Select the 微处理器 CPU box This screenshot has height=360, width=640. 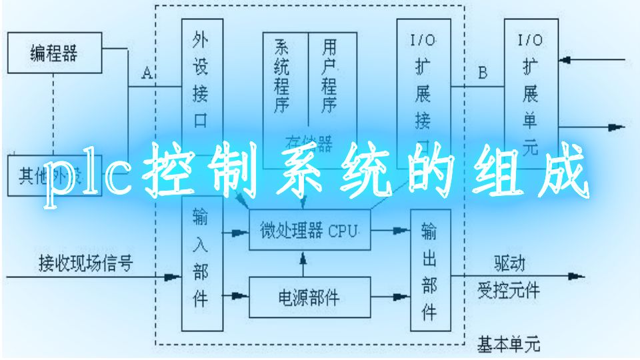pyautogui.click(x=309, y=231)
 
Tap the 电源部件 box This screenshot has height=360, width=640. pyautogui.click(x=309, y=297)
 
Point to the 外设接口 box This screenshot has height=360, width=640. pyautogui.click(x=201, y=77)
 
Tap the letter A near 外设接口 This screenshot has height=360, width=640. pyautogui.click(x=148, y=74)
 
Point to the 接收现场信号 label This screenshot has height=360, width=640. pyautogui.click(x=85, y=263)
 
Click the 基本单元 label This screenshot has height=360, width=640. pyautogui.click(x=509, y=345)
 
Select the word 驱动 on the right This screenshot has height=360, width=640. pyautogui.click(x=509, y=263)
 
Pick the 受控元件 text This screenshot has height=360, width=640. pyautogui.click(x=509, y=291)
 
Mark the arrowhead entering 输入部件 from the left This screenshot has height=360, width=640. pyautogui.click(x=175, y=276)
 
